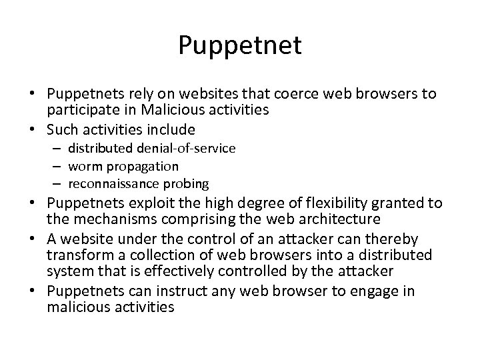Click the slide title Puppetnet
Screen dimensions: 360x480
pyautogui.click(x=240, y=45)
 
